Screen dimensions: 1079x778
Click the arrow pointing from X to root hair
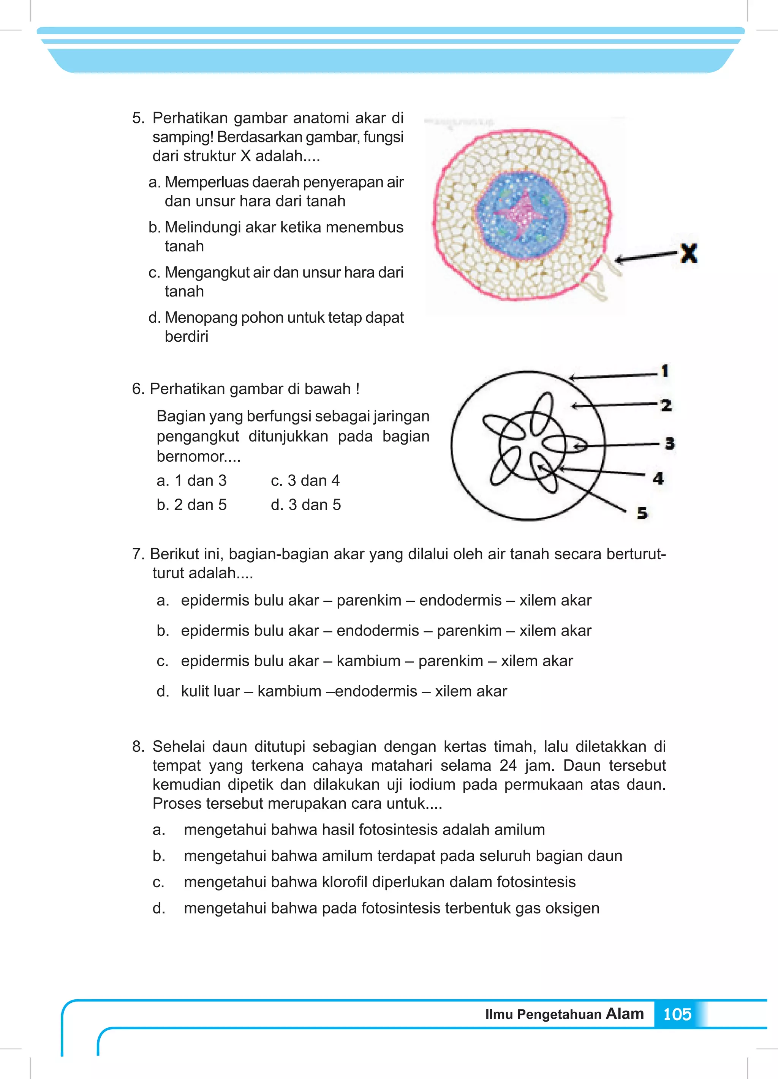tap(645, 257)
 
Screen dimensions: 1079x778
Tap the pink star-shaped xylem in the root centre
tap(522, 216)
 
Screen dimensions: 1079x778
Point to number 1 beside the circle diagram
tap(665, 371)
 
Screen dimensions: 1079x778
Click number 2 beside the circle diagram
tap(666, 405)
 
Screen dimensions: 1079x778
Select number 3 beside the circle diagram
tap(669, 443)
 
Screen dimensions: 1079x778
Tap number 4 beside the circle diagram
tap(658, 478)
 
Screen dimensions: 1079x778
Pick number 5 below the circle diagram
tap(642, 513)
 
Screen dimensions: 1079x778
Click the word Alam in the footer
tap(624, 1013)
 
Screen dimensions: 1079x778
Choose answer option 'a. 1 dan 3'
tap(191, 481)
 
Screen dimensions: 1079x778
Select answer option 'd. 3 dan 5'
tap(306, 505)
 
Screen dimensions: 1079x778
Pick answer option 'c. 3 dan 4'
tap(305, 481)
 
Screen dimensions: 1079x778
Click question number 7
tap(138, 554)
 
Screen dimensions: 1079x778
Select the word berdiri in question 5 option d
tap(186, 337)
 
